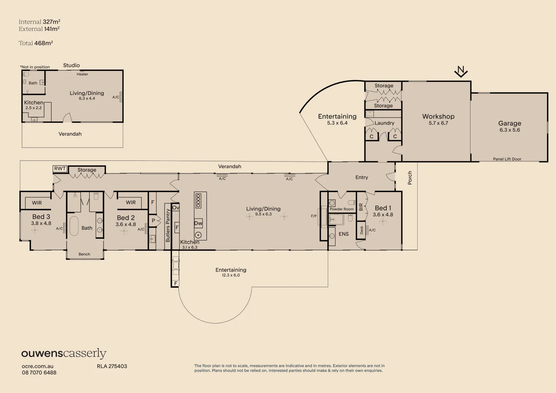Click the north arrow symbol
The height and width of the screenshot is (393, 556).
coord(461,72)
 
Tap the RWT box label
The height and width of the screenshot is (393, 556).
coord(60,169)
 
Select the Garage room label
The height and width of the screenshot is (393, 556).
coord(510,123)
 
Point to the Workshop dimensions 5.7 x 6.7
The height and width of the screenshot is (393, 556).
coord(438,123)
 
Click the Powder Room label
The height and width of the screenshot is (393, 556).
coord(342,209)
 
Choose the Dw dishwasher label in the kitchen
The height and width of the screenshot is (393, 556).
coord(198,223)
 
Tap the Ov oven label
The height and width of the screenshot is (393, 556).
coord(176,208)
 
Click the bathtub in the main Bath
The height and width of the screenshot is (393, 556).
coord(74,226)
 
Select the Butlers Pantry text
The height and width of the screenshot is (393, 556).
coord(168,226)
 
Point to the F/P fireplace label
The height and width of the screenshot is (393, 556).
coord(314,216)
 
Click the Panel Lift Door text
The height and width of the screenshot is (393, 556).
coord(507,159)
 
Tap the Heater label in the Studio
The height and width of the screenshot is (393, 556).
coord(82,74)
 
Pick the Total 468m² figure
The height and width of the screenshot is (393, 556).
coord(36,43)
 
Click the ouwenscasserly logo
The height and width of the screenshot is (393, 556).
coord(64,353)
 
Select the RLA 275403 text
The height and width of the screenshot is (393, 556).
coord(112,366)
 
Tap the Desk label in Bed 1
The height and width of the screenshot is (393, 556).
coord(362,230)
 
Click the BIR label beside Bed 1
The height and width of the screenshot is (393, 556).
coord(361,207)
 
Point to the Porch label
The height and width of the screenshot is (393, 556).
coord(410,178)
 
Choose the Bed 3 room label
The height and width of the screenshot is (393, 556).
coord(41,217)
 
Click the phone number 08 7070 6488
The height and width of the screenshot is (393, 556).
coord(39,373)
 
